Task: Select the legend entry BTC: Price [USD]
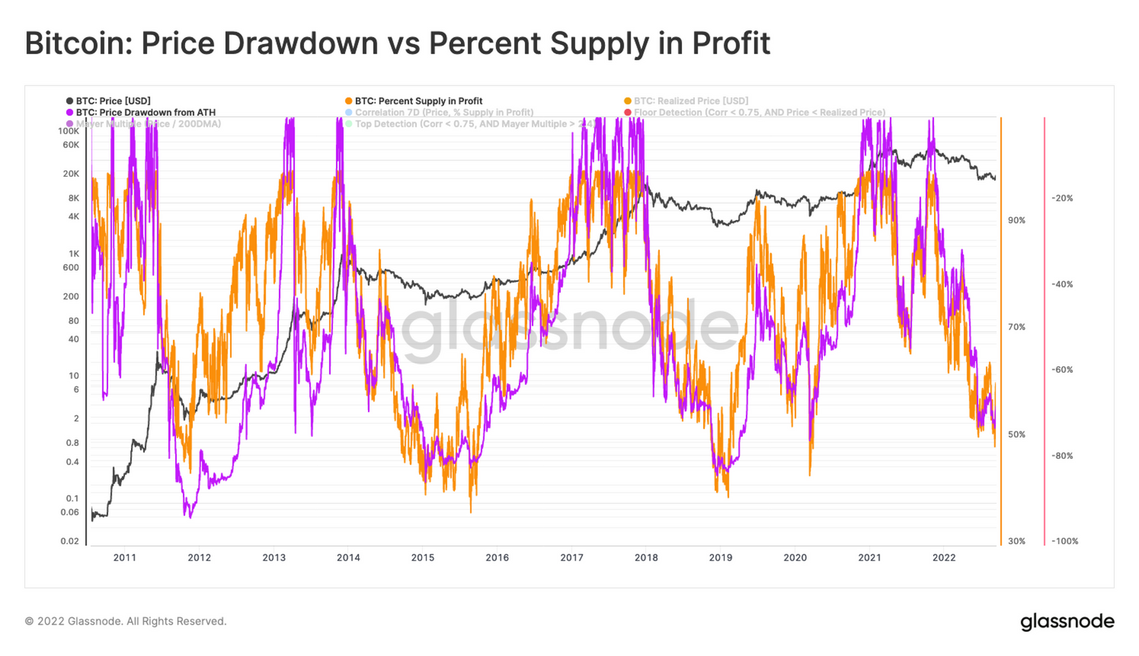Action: (113, 101)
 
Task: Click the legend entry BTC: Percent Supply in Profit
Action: (419, 101)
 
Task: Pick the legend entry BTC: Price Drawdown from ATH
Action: (145, 113)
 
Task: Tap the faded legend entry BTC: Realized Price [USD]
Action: (691, 101)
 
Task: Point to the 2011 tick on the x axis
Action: (125, 558)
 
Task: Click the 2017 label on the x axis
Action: (572, 558)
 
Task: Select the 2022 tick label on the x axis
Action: (944, 558)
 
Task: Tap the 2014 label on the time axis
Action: (348, 558)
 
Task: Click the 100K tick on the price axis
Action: (69, 131)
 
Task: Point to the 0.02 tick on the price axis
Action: (70, 541)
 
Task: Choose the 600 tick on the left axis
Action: (71, 268)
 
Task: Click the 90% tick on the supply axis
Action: (1017, 221)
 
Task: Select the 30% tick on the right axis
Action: (1017, 541)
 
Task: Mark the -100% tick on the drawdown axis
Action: (1065, 541)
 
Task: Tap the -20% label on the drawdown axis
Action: (1062, 198)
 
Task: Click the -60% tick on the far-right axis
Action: (1062, 370)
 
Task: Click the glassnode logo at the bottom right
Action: (1067, 622)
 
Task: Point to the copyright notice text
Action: (125, 622)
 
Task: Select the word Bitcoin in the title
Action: (78, 43)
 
